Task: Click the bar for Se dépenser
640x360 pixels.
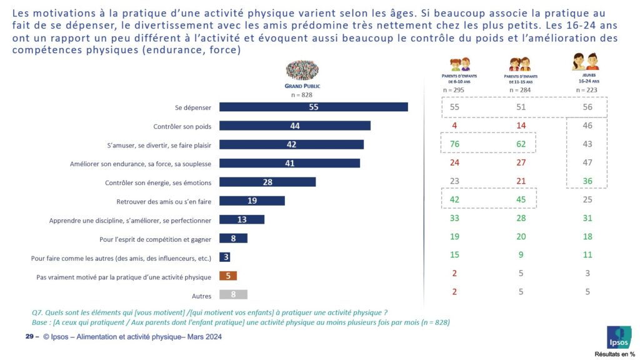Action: [313, 107]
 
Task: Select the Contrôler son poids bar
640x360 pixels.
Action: [294, 126]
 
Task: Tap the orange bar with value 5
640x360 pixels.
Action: [228, 276]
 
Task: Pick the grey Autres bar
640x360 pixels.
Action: [233, 295]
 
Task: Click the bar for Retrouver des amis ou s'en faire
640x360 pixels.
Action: [252, 201]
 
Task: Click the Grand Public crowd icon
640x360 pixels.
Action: [302, 71]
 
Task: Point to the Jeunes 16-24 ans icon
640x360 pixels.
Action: [586, 62]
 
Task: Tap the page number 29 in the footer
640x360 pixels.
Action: [29, 337]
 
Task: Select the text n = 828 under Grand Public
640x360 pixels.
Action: [302, 95]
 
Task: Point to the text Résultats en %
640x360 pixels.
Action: [614, 354]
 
